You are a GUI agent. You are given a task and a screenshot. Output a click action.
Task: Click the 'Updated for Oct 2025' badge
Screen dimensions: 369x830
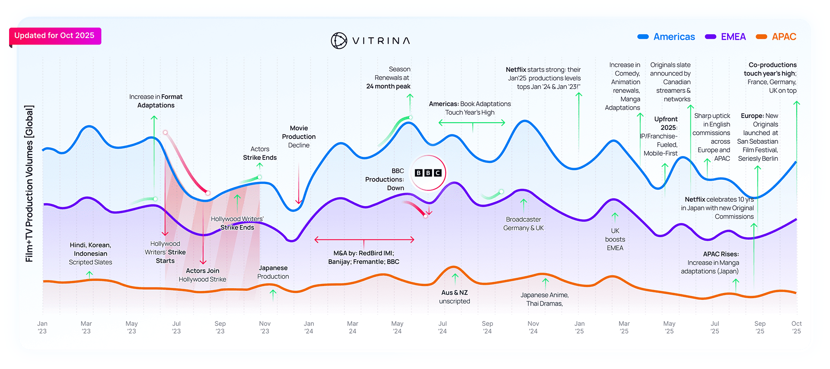coord(54,36)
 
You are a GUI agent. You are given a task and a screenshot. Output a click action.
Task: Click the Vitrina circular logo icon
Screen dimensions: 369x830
coord(339,41)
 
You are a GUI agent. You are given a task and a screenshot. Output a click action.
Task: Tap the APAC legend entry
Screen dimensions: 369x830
coord(776,37)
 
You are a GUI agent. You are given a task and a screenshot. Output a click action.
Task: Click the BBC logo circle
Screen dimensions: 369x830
coord(428,173)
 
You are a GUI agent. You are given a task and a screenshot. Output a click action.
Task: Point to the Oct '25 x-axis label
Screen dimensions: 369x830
coord(796,327)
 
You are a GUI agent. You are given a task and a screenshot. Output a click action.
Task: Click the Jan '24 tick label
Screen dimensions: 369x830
coord(309,327)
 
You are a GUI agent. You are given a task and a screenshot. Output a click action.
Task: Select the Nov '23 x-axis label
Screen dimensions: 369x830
coord(265,327)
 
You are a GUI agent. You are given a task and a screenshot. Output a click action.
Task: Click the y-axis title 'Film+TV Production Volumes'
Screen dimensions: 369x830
coord(29,184)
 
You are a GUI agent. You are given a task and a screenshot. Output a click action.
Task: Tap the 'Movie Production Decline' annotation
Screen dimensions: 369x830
coord(299,137)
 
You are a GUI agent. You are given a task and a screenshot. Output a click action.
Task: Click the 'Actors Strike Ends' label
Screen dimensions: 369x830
coord(260,153)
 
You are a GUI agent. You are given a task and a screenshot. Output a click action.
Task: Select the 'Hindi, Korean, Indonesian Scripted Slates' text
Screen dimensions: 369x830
coord(90,254)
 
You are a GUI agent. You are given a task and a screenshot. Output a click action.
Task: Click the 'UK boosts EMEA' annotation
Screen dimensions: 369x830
coord(615,239)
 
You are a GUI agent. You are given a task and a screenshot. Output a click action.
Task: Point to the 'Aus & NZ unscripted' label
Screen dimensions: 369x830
coord(454,297)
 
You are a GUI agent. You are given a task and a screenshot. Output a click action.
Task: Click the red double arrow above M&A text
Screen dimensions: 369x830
coord(364,239)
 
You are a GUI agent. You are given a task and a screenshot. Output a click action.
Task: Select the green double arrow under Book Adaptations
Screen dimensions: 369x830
coord(472,123)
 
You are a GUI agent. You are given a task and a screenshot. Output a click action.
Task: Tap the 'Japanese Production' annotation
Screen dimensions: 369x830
coord(273,272)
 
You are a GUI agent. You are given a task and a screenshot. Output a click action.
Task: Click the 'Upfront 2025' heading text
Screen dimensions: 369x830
coord(666,123)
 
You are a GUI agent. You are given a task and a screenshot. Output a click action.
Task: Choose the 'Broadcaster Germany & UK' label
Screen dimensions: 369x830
coord(524,224)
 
